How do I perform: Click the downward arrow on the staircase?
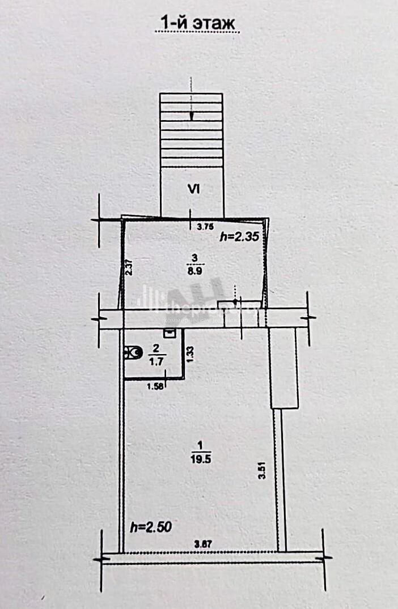pyautogui.click(x=192, y=114)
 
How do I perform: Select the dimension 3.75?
pyautogui.click(x=204, y=227)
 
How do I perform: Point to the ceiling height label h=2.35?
pyautogui.click(x=239, y=237)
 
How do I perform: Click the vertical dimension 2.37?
pyautogui.click(x=129, y=267)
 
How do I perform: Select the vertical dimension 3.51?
pyautogui.click(x=261, y=471)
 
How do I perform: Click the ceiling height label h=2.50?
pyautogui.click(x=151, y=527)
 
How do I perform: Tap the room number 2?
pyautogui.click(x=155, y=348)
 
